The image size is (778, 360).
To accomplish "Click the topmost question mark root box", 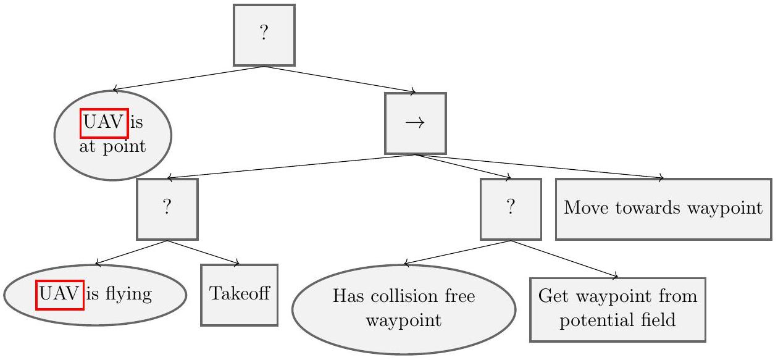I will tap(264, 35).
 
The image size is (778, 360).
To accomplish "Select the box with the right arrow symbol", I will tap(415, 123).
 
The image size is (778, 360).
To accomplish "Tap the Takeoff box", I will tap(239, 295).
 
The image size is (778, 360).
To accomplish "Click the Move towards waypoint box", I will tap(663, 209).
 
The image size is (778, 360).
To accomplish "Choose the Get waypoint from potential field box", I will tap(617, 309).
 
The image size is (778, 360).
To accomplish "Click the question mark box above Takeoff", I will tap(167, 209).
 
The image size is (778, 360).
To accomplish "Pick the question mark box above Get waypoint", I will tap(510, 209).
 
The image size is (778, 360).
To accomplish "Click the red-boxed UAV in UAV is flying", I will tap(60, 295).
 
